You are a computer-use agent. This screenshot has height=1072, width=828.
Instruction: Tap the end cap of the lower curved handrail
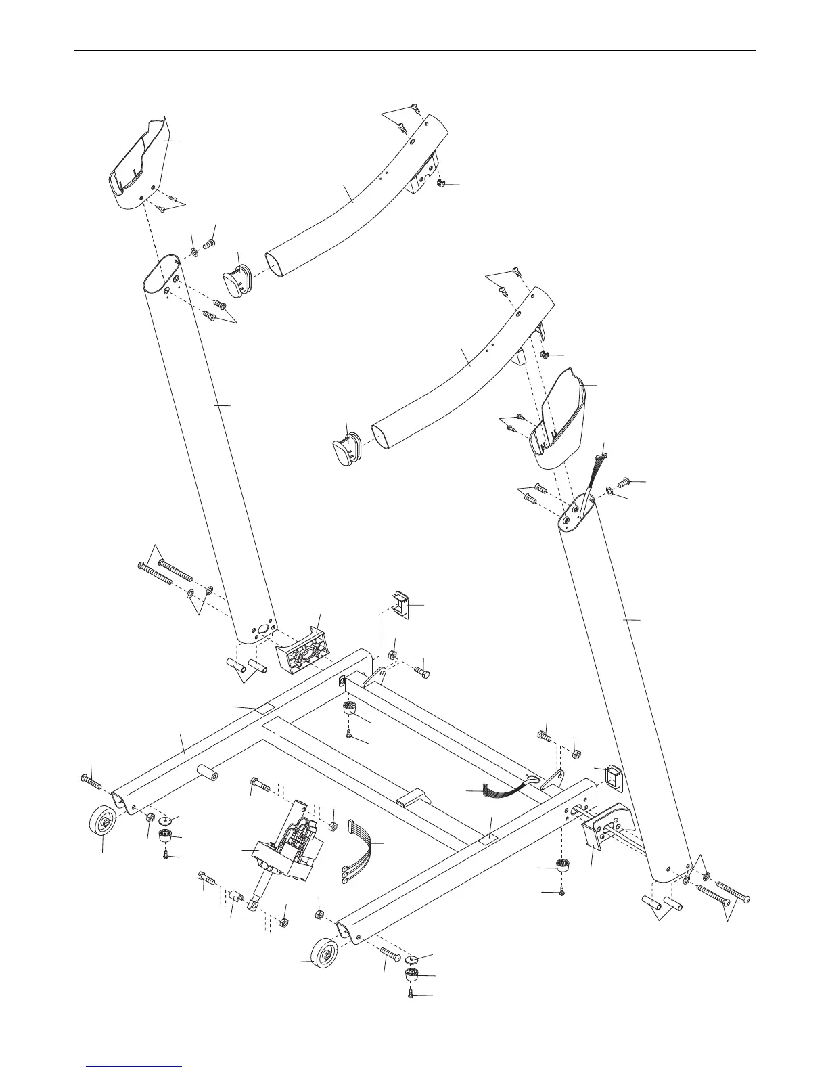coord(348,449)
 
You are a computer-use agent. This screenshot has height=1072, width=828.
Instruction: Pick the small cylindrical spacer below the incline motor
coord(236,897)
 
